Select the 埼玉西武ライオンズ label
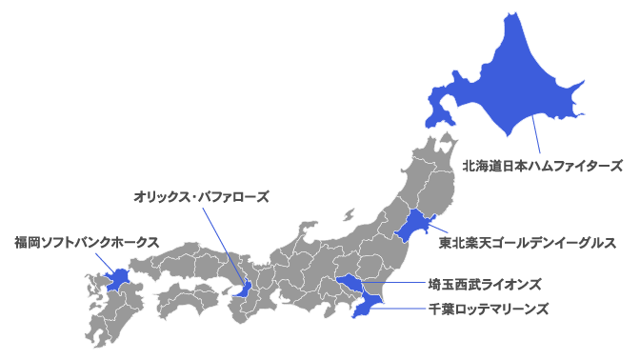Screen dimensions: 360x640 485,284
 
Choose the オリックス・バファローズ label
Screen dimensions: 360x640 201,197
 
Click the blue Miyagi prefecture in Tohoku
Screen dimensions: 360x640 410,228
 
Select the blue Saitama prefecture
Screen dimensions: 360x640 350,285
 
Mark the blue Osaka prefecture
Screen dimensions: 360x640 245,288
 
